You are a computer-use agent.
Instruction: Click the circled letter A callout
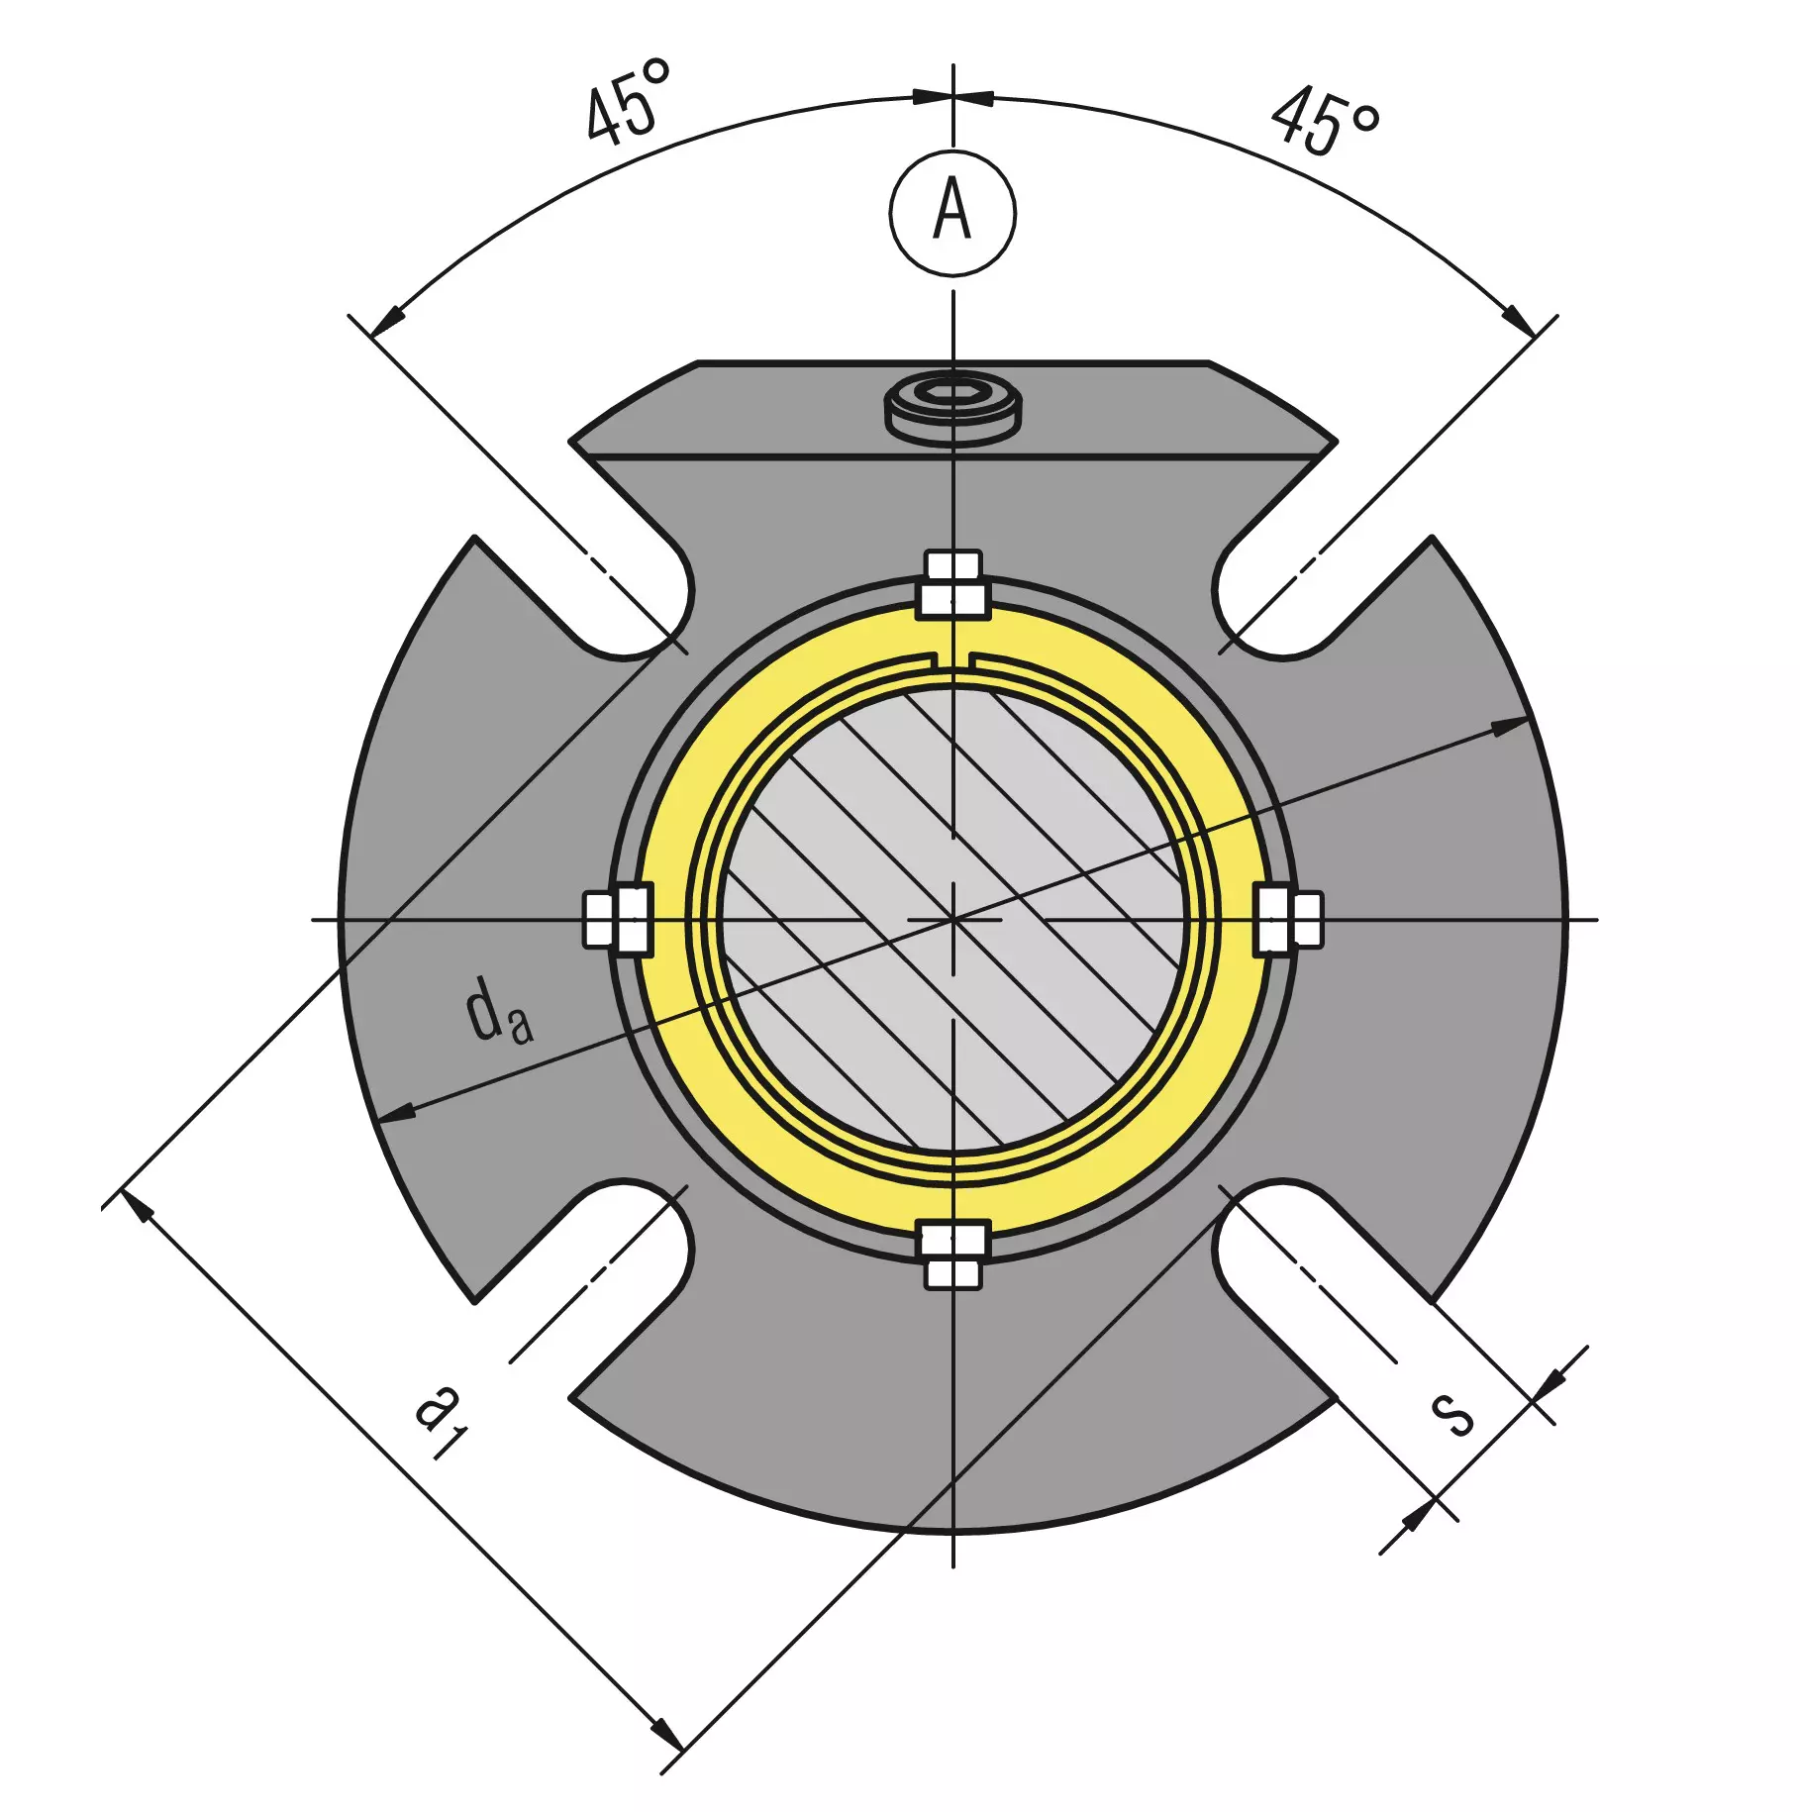tap(952, 213)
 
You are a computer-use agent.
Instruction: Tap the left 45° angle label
tap(628, 101)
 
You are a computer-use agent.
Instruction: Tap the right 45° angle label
tap(1325, 121)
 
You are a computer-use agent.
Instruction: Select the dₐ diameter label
tap(499, 1011)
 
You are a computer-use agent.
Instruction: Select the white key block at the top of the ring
tap(952, 585)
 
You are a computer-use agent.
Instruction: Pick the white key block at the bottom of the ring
tap(952, 1255)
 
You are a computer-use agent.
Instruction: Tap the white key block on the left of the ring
tap(618, 920)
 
